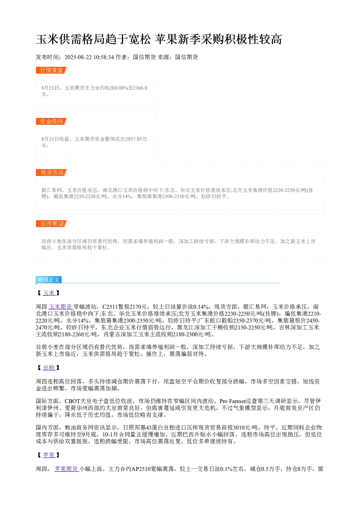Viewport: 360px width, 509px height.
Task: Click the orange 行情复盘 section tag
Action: (52, 70)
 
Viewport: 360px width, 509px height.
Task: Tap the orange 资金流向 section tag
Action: (52, 121)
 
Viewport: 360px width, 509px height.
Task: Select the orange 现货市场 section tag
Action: (52, 172)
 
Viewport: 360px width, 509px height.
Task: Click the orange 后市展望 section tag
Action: (52, 223)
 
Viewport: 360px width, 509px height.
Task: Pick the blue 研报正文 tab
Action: (49, 279)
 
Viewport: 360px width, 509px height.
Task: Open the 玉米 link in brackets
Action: (49, 293)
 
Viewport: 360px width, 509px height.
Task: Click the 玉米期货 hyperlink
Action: (61, 307)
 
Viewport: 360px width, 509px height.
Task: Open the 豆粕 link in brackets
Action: (49, 368)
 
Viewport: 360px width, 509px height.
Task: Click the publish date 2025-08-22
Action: (78, 57)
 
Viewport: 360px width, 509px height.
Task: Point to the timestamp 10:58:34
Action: (104, 57)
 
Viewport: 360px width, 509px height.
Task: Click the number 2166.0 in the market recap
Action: (140, 88)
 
